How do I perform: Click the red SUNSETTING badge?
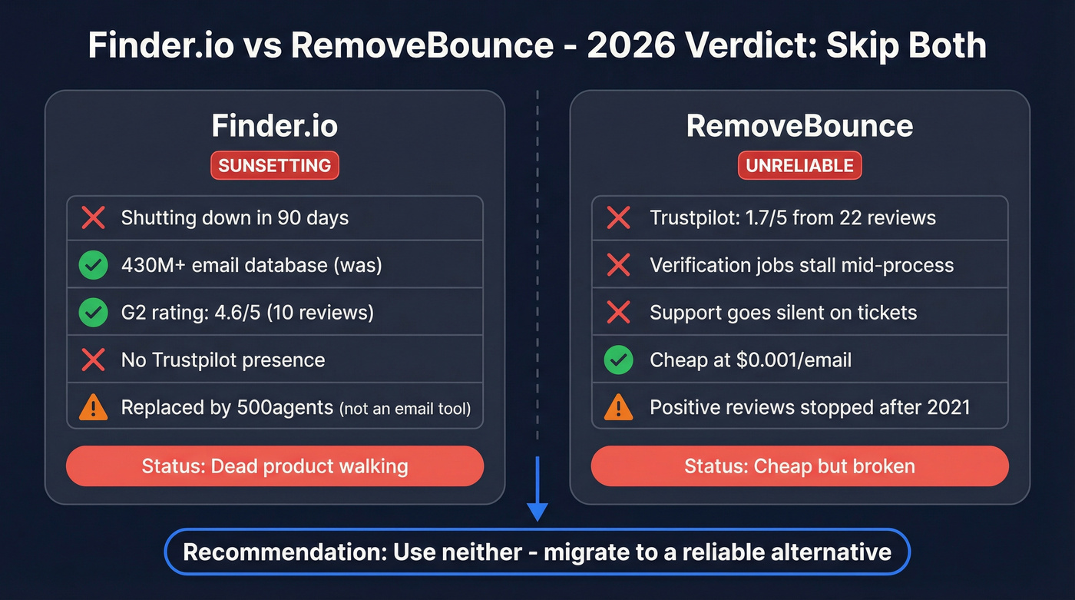(274, 165)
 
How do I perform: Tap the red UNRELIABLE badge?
(799, 165)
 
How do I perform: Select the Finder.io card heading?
(274, 126)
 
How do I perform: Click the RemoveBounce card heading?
(799, 126)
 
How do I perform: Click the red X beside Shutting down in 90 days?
(93, 218)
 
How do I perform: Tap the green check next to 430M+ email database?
(93, 266)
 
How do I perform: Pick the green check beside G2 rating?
(93, 313)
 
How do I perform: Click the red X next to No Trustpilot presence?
(93, 360)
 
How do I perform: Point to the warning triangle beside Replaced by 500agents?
(93, 407)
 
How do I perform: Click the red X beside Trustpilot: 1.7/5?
(618, 218)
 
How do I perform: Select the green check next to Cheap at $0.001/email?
(618, 360)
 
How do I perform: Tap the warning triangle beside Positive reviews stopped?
(618, 407)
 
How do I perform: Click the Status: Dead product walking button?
(274, 466)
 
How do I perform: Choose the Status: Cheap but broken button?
(799, 466)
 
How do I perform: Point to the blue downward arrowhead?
(537, 511)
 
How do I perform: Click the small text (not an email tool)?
(405, 409)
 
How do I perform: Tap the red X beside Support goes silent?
(618, 313)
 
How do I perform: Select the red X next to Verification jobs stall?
(618, 266)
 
